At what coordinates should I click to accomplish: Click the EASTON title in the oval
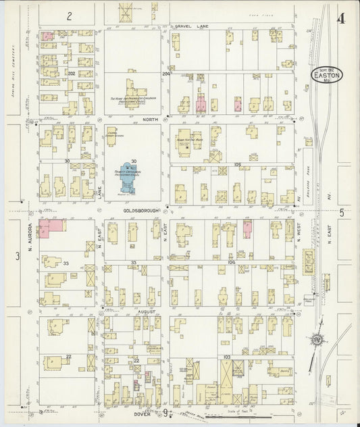pos(328,76)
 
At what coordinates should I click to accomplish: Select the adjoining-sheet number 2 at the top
pos(69,15)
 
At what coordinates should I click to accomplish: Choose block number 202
pos(70,73)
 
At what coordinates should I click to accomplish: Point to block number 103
pos(227,356)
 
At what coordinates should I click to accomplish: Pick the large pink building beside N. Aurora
pos(52,228)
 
